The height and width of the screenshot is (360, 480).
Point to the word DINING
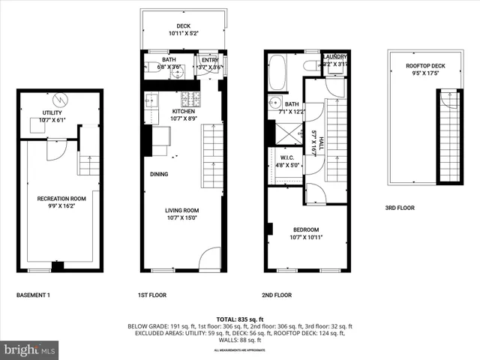pos(158,174)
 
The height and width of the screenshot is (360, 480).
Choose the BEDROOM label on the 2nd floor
pos(306,229)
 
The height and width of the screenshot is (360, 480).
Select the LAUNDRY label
pos(334,56)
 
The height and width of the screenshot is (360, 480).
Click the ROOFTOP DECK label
pos(425,66)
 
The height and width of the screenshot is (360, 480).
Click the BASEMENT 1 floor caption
pos(33,295)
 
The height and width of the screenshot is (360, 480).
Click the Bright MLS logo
pos(30,349)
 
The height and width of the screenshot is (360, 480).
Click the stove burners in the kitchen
pos(190,97)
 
